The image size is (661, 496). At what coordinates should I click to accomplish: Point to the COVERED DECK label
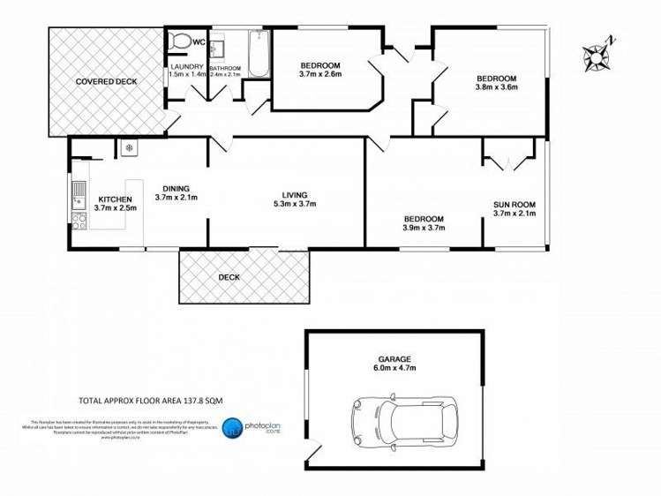[x=106, y=81]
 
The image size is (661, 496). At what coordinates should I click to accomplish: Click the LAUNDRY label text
[x=187, y=67]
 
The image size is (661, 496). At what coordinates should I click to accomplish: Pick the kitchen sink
[x=79, y=188]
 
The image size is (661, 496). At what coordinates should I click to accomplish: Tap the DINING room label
[x=176, y=186]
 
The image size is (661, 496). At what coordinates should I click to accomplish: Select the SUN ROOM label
[x=514, y=204]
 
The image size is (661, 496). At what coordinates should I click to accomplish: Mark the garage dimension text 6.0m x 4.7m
[x=394, y=369]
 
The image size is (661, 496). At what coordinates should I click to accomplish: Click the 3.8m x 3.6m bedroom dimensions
[x=496, y=87]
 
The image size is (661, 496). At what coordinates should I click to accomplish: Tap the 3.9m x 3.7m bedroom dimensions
[x=424, y=228]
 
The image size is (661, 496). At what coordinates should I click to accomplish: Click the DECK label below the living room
[x=229, y=277]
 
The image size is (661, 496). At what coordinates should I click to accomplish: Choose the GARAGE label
[x=394, y=359]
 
